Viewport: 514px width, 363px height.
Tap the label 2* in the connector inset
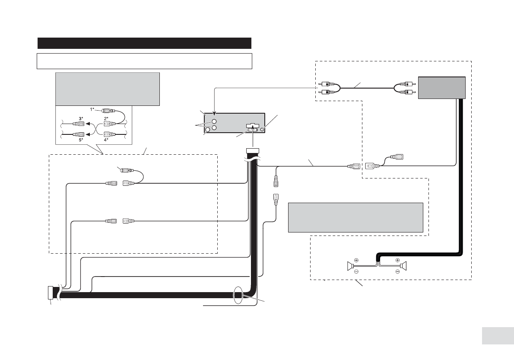tap(106, 118)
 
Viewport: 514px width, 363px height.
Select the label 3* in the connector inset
tap(81, 118)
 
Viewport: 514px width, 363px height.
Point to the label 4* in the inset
tap(106, 139)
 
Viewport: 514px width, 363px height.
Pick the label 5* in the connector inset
tap(81, 139)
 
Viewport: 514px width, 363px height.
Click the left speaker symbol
tap(350, 266)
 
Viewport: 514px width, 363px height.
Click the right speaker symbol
tap(403, 266)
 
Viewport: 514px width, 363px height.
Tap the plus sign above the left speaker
tap(356, 260)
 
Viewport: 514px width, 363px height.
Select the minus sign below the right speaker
tap(398, 271)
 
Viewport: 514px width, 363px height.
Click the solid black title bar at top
tap(144, 43)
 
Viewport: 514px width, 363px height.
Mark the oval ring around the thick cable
tap(238, 294)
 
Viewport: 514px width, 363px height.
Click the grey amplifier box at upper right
tap(441, 88)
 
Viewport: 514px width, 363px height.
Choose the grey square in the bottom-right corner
tap(498, 335)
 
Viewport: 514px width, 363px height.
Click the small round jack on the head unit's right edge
tap(263, 130)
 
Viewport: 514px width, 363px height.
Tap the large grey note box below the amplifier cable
tap(355, 217)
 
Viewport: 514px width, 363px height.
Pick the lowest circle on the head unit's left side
tap(207, 130)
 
